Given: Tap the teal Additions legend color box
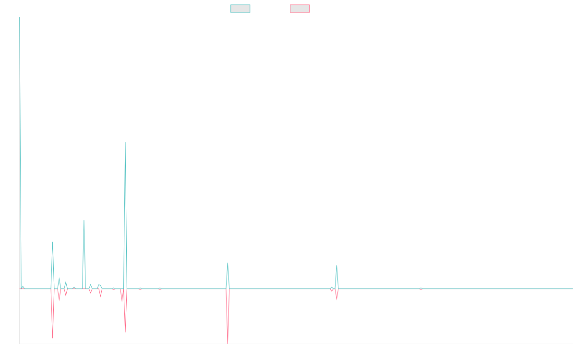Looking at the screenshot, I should coord(240,9).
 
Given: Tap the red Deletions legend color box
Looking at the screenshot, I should coord(300,9).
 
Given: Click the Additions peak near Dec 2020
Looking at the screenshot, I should coord(125,143).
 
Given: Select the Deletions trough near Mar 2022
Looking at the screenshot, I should coord(228,343).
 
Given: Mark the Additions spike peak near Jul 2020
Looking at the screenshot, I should coord(84,220).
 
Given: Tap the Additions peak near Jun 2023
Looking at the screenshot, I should coord(336,265).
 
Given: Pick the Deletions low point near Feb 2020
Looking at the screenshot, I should coord(53,338).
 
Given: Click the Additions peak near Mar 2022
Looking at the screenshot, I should coord(228,263).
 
